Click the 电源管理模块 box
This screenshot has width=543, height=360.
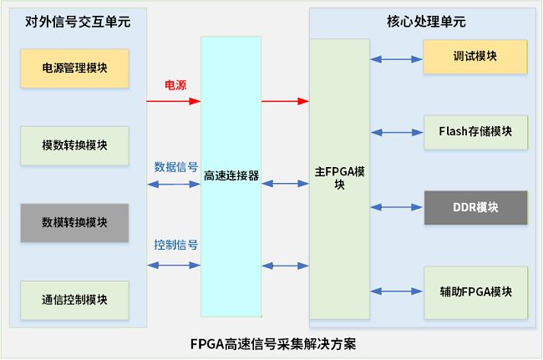[74, 68]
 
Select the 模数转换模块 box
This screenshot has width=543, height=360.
[74, 145]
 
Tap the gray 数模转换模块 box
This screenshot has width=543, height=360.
[74, 222]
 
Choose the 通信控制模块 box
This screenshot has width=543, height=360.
[74, 299]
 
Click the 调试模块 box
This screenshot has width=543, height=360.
[475, 57]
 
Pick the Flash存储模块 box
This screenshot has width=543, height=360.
[475, 132]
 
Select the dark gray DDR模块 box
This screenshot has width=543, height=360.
[475, 207]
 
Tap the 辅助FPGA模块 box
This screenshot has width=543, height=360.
[475, 292]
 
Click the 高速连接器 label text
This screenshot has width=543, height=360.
[231, 176]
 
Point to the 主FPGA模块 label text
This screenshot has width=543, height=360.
[340, 179]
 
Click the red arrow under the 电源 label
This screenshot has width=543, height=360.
[174, 101]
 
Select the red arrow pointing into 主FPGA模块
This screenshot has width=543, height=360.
[285, 101]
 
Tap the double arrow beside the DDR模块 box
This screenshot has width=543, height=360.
[397, 205]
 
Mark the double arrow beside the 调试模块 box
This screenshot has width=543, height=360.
[397, 58]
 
